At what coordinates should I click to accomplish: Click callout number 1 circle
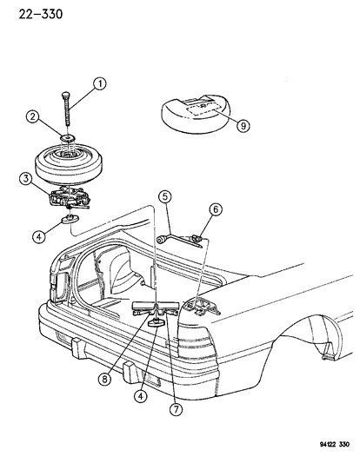101,85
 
